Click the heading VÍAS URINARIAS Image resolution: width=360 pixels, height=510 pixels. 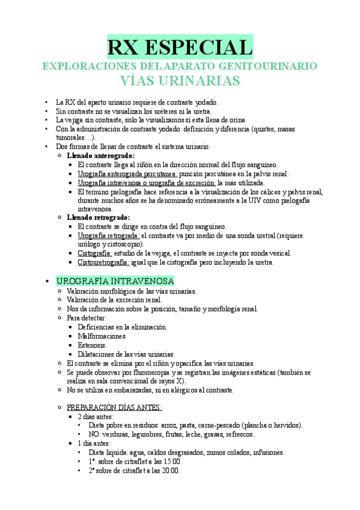(180, 81)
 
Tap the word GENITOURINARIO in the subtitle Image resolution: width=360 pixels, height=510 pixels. (268, 66)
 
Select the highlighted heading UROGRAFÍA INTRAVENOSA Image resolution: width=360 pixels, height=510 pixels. (115, 281)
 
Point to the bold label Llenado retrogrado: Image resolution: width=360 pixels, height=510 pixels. (98, 217)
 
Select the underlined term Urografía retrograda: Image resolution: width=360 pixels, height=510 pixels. (109, 236)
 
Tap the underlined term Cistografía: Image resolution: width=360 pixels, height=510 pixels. (95, 253)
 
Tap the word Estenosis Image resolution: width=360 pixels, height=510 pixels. (93, 345)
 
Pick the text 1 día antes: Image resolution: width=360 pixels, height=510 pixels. (95, 443)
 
